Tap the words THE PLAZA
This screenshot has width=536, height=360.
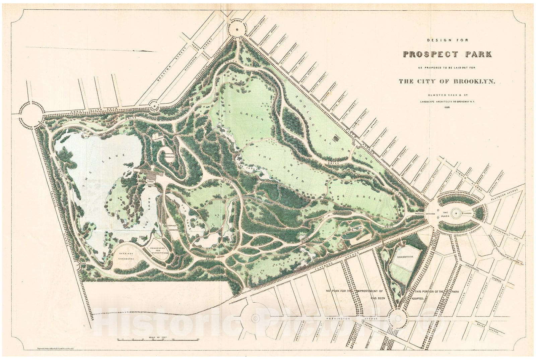click(x=445, y=215)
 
